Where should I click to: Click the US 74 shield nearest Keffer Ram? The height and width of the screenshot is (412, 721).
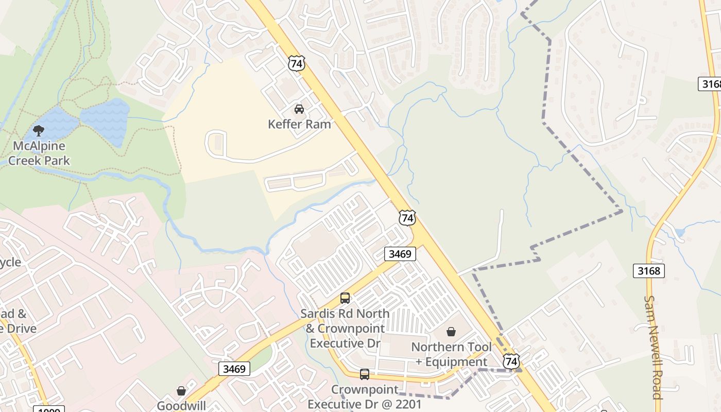pyautogui.click(x=296, y=63)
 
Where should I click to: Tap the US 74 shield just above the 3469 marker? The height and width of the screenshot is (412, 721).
pyautogui.click(x=407, y=218)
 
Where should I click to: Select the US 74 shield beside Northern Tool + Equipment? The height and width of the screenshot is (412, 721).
pyautogui.click(x=511, y=361)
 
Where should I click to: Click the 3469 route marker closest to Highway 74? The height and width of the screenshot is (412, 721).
pyautogui.click(x=400, y=253)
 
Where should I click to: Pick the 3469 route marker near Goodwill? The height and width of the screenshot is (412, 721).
pyautogui.click(x=234, y=369)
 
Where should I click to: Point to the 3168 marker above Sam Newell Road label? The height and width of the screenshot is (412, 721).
pyautogui.click(x=648, y=270)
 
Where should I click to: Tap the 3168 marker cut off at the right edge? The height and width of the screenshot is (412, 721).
pyautogui.click(x=710, y=84)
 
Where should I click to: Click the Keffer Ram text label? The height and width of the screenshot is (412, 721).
pyautogui.click(x=299, y=124)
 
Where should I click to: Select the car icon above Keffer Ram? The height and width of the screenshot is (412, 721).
pyautogui.click(x=299, y=109)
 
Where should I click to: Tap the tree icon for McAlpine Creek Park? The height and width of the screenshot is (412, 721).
pyautogui.click(x=39, y=131)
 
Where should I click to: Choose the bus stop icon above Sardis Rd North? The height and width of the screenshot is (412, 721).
pyautogui.click(x=345, y=298)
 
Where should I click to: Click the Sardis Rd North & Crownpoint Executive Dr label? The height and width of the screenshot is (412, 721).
pyautogui.click(x=345, y=328)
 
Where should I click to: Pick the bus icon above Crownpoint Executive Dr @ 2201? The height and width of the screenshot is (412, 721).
pyautogui.click(x=365, y=374)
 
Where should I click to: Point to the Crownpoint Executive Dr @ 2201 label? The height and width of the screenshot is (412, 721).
pyautogui.click(x=365, y=397)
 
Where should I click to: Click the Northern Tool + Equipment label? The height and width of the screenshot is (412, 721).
pyautogui.click(x=451, y=354)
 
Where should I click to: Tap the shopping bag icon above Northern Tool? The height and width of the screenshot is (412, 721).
pyautogui.click(x=451, y=332)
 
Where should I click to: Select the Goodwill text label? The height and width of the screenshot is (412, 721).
pyautogui.click(x=181, y=405)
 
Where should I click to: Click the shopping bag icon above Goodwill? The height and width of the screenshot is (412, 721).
pyautogui.click(x=181, y=391)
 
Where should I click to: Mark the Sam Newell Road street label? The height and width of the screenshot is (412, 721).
pyautogui.click(x=653, y=348)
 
